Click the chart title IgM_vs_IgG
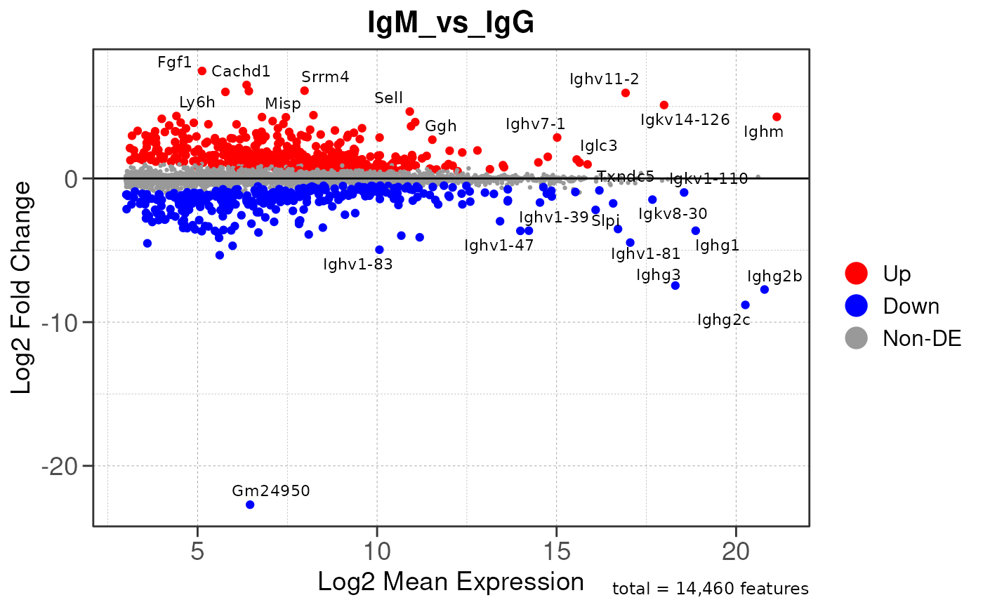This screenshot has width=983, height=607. click(x=451, y=24)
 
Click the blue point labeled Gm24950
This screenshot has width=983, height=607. click(x=250, y=505)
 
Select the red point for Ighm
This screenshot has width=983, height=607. click(x=777, y=117)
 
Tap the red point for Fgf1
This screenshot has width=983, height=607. click(x=202, y=71)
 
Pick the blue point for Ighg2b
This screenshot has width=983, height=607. click(x=765, y=290)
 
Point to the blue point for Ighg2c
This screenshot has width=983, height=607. click(x=745, y=305)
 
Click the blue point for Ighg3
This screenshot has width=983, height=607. click(x=675, y=286)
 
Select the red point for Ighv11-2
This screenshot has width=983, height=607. click(x=626, y=93)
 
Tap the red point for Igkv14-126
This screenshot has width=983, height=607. click(x=664, y=105)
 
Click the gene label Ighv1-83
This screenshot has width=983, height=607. click(x=357, y=265)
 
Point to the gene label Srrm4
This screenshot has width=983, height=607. click(x=325, y=77)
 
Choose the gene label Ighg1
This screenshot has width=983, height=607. click(x=717, y=246)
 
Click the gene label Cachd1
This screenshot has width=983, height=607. click(x=241, y=71)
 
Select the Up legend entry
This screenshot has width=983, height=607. click(x=897, y=273)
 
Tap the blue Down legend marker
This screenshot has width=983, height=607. click(x=857, y=305)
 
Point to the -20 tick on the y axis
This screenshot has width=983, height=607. click(x=66, y=466)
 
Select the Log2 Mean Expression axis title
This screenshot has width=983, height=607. click(x=451, y=582)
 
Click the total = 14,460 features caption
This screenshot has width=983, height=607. click(x=711, y=589)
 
